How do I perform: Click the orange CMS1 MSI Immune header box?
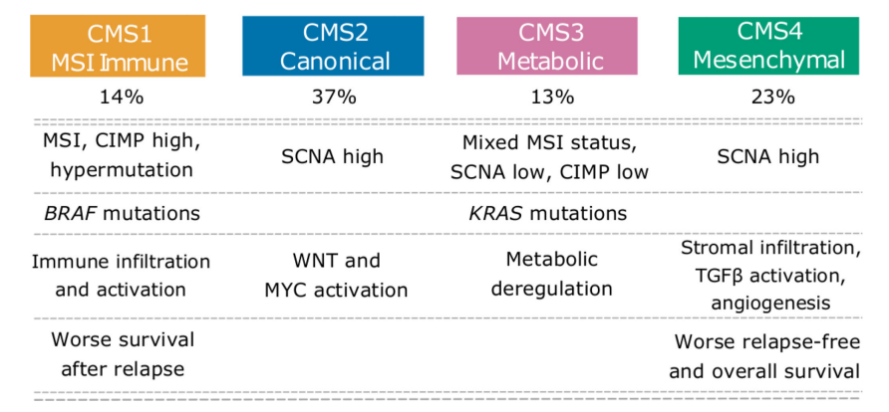(x=118, y=47)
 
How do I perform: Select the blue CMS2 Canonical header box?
(x=333, y=46)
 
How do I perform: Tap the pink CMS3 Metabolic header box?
(x=547, y=46)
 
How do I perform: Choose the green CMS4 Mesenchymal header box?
(x=768, y=46)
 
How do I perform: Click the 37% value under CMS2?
(x=334, y=98)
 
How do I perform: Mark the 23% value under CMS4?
(x=768, y=98)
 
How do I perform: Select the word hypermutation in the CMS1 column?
(x=122, y=171)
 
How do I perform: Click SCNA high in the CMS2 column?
(x=333, y=157)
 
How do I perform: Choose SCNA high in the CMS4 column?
(x=768, y=157)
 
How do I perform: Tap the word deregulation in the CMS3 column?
(x=552, y=289)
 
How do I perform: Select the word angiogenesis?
(x=770, y=304)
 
